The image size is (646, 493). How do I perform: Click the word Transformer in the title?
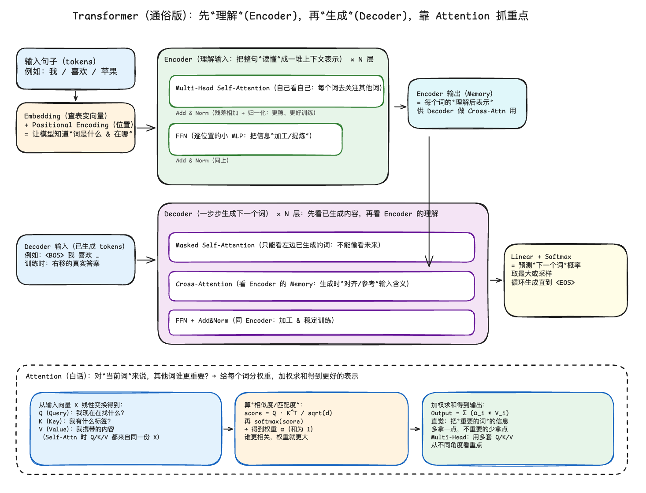pyautogui.click(x=105, y=16)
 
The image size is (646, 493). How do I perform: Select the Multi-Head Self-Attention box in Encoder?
pyautogui.click(x=276, y=92)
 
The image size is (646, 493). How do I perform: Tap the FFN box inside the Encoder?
pyautogui.click(x=256, y=140)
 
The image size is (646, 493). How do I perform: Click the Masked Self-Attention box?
pyautogui.click(x=321, y=247)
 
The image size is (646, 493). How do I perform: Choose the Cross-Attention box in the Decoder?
pyautogui.click(x=321, y=286)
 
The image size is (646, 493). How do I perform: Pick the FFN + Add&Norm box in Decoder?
pyautogui.click(x=321, y=323)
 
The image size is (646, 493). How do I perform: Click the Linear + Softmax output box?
pyautogui.click(x=565, y=280)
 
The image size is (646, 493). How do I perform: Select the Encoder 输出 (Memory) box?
pyautogui.click(x=467, y=104)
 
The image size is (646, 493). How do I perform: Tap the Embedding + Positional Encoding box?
pyautogui.click(x=76, y=128)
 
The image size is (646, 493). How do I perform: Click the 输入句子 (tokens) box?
pyautogui.click(x=76, y=69)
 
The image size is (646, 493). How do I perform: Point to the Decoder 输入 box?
pyautogui.click(x=76, y=260)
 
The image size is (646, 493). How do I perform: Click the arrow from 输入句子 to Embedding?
pyautogui.click(x=76, y=96)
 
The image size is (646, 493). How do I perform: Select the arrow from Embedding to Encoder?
pyautogui.click(x=146, y=128)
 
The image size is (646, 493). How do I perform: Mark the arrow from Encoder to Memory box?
pyautogui.click(x=400, y=107)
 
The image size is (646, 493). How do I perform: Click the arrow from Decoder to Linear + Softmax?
pyautogui.click(x=496, y=280)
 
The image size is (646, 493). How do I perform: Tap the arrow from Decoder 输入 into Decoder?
pyautogui.click(x=146, y=260)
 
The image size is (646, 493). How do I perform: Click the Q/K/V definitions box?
pyautogui.click(x=126, y=429)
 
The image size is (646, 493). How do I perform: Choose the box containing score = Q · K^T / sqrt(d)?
pyautogui.click(x=321, y=429)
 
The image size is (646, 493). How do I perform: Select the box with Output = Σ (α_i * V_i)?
pyautogui.click(x=518, y=429)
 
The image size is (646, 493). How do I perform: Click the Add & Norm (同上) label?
pyautogui.click(x=202, y=161)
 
